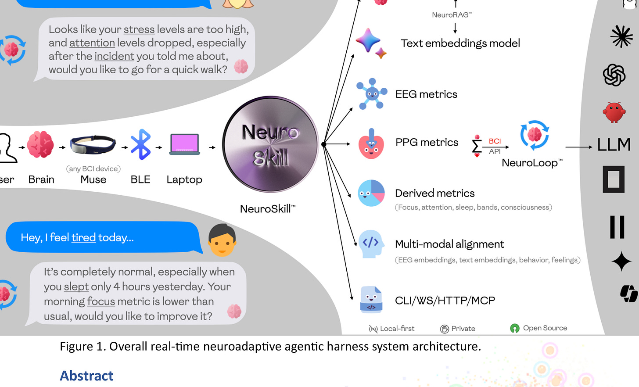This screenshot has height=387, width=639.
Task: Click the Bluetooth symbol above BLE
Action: tap(141, 144)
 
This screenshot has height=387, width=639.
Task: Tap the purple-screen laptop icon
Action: tap(184, 144)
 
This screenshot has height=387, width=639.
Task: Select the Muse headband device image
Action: tap(93, 145)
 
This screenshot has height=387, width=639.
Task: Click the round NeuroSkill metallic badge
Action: tap(270, 144)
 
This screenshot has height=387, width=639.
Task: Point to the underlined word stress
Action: tap(139, 29)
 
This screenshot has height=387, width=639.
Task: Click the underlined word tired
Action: tap(83, 237)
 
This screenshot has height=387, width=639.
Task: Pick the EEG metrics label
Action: tap(426, 94)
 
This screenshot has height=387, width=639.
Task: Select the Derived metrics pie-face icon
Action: tap(371, 193)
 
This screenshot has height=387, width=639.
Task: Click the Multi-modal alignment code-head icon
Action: tap(371, 243)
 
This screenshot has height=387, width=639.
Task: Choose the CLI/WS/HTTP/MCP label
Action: tap(445, 301)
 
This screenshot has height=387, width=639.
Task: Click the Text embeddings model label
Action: tap(460, 43)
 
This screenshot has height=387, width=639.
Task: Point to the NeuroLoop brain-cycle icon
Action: tap(534, 135)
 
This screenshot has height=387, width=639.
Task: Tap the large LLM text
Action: tap(614, 145)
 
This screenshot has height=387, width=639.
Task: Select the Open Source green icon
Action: tap(515, 328)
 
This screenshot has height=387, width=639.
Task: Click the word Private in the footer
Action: tap(463, 329)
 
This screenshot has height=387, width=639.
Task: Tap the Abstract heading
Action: tap(86, 376)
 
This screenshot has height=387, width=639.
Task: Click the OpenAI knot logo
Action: tap(614, 75)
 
